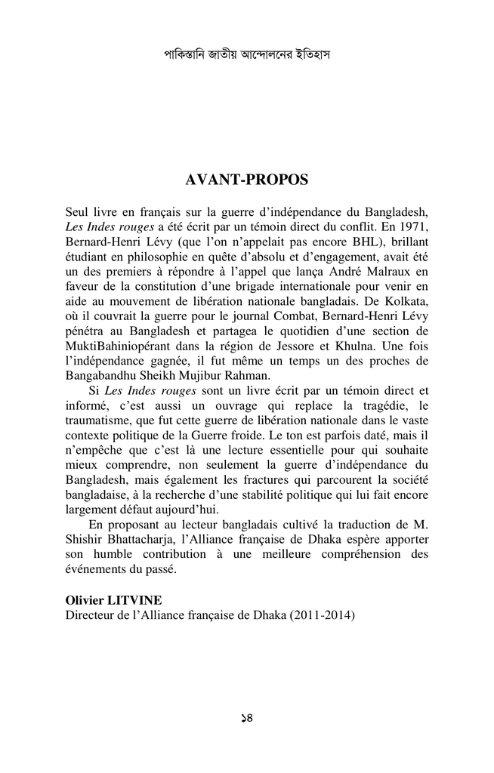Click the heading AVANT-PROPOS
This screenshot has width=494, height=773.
pyautogui.click(x=247, y=180)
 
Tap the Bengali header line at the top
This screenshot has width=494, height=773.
pyautogui.click(x=247, y=55)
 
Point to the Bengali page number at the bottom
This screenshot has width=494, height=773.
pyautogui.click(x=246, y=718)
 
